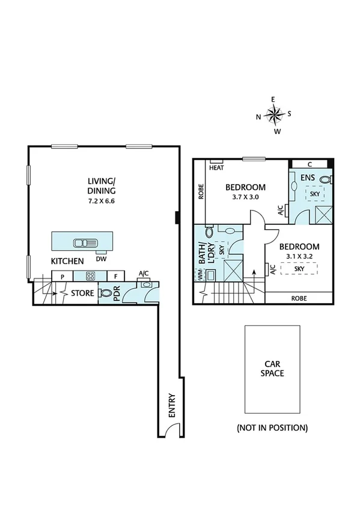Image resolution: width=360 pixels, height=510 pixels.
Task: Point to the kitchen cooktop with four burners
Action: (90, 276)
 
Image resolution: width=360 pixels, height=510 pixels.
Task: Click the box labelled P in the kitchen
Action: (62, 276)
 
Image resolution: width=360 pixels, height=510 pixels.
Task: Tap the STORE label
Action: (82, 294)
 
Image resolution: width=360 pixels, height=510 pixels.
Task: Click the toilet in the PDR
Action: (106, 294)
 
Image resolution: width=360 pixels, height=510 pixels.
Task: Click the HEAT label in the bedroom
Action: (216, 168)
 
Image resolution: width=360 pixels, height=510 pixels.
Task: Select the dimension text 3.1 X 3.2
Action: (299, 257)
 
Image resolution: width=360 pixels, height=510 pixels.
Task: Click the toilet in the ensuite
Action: (325, 179)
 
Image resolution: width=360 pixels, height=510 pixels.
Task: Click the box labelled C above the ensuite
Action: (309, 164)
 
